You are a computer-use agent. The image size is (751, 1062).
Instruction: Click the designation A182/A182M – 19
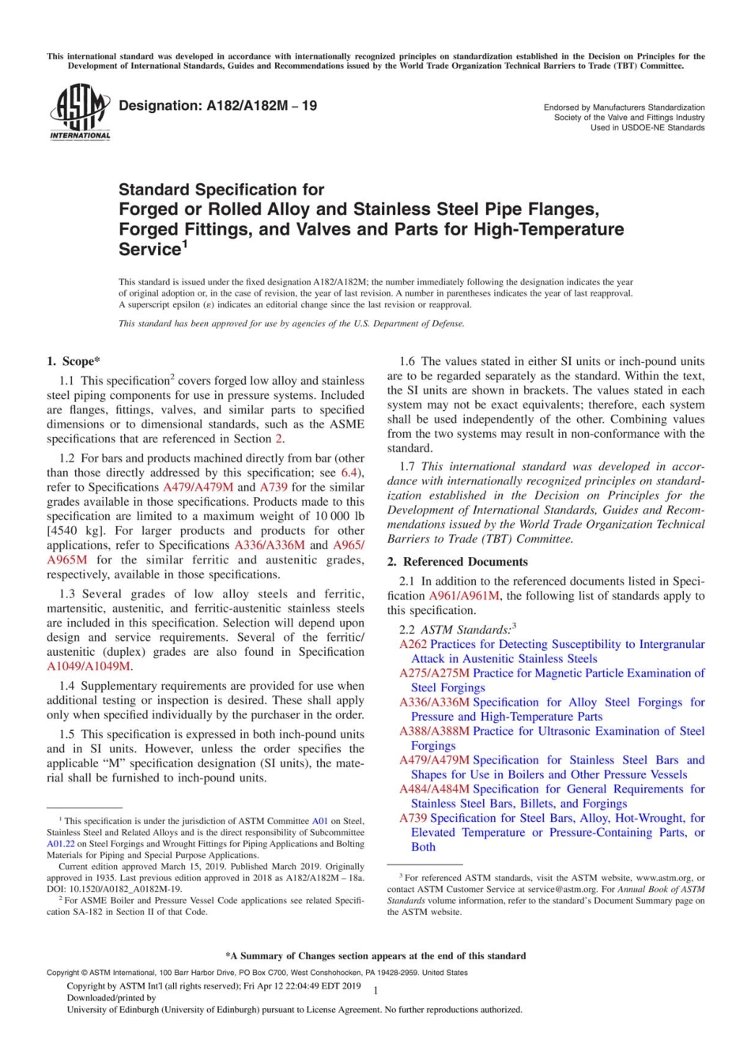click(x=217, y=106)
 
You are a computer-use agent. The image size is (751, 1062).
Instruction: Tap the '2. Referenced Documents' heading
click(x=457, y=562)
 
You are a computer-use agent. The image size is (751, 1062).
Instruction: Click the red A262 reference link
click(x=413, y=644)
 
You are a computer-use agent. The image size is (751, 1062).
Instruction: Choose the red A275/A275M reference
click(x=434, y=673)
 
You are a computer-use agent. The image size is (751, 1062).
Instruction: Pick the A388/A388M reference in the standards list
click(x=434, y=731)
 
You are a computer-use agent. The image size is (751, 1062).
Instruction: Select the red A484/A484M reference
click(x=434, y=789)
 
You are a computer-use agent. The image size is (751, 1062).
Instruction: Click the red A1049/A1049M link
click(x=89, y=666)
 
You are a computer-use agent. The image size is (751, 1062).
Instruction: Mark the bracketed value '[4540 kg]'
click(x=77, y=530)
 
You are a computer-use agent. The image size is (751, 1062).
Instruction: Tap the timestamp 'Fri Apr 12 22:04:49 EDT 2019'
click(x=303, y=986)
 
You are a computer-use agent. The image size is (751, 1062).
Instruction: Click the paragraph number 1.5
click(x=67, y=734)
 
